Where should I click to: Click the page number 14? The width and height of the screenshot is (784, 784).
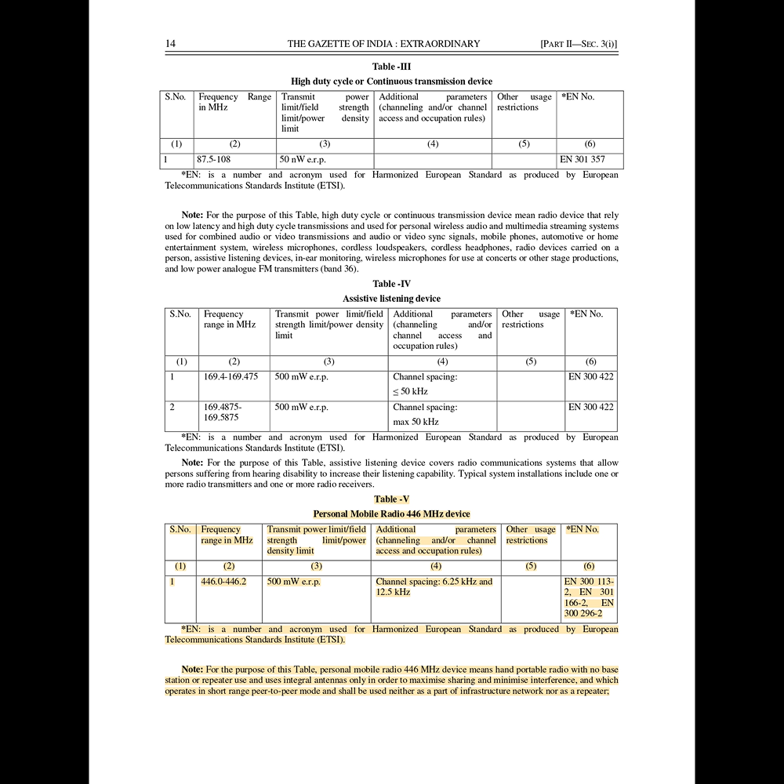(x=170, y=44)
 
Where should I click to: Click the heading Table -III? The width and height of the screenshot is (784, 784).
(x=391, y=67)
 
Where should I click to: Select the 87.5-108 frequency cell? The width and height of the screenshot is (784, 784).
(x=216, y=160)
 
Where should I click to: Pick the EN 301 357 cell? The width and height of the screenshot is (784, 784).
(x=582, y=160)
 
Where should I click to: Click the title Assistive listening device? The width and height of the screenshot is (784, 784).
(x=391, y=299)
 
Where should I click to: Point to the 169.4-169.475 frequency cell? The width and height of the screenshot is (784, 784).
(x=230, y=376)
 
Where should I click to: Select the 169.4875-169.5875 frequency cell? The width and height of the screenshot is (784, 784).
(x=223, y=412)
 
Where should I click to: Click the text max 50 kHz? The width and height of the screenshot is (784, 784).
(x=416, y=422)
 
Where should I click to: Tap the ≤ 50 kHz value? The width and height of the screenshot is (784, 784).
(x=410, y=391)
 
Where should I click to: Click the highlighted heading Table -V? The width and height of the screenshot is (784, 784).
(x=391, y=499)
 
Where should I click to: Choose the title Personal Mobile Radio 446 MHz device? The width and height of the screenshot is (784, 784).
(x=391, y=514)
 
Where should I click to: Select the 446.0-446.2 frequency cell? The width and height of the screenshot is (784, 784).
(x=223, y=582)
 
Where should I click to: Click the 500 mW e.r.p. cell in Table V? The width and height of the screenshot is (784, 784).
(x=294, y=582)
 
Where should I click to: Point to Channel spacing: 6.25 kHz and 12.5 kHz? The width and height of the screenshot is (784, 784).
(x=434, y=586)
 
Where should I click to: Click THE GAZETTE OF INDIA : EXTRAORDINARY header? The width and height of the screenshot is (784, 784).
(x=383, y=44)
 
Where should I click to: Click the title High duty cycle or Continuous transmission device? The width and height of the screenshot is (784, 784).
(x=391, y=82)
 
